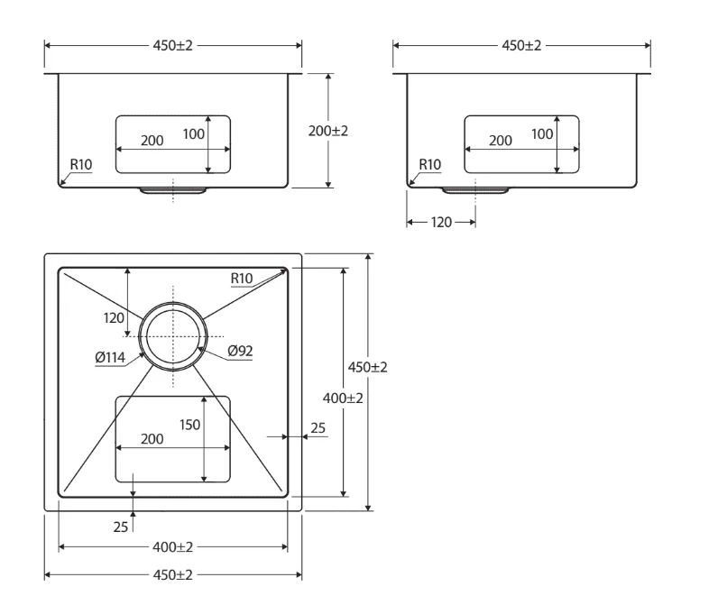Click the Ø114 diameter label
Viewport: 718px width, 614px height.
[110, 357]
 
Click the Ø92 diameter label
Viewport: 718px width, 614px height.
[240, 352]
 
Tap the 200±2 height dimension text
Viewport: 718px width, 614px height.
[327, 131]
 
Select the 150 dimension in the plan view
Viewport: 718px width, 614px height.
[189, 425]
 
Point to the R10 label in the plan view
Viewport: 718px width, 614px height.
[242, 279]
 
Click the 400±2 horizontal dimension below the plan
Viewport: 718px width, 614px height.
[172, 546]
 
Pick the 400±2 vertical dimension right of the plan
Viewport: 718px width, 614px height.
[343, 399]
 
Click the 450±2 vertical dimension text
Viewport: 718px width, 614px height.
[367, 367]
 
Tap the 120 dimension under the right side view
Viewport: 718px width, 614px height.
[441, 223]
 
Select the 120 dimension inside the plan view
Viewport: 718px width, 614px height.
[114, 317]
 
